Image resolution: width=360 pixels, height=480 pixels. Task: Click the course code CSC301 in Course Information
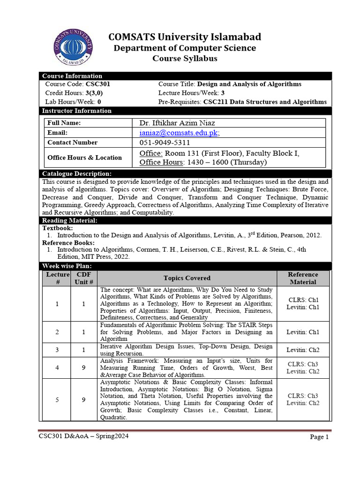click(x=98, y=84)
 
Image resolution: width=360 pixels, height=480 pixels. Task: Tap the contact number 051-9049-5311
click(x=165, y=142)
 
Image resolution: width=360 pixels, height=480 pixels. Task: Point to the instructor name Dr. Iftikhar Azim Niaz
click(x=178, y=123)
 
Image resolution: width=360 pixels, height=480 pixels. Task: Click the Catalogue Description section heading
click(x=77, y=174)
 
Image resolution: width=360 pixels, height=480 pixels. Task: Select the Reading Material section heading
click(x=70, y=220)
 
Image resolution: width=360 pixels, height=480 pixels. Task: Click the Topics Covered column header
click(x=187, y=278)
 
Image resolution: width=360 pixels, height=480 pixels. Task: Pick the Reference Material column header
click(x=303, y=278)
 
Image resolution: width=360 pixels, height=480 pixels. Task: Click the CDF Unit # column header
click(x=84, y=278)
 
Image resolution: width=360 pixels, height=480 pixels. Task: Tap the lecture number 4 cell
click(x=57, y=368)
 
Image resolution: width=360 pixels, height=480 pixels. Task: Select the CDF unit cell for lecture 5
click(x=84, y=400)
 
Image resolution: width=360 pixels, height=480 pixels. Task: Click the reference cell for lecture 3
click(x=303, y=350)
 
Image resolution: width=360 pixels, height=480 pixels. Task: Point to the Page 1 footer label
click(x=320, y=437)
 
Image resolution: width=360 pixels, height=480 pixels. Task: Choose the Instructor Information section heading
click(x=77, y=111)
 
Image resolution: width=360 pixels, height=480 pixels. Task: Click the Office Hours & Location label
click(x=84, y=157)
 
